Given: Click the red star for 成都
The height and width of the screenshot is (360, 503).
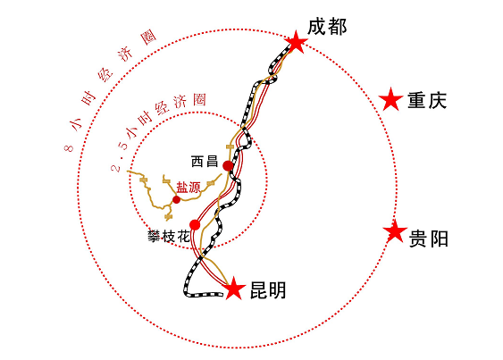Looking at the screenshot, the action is [x=296, y=42].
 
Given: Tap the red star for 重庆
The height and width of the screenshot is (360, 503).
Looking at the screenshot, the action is [x=390, y=99].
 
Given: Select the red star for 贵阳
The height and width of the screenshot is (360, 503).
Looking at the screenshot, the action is [x=395, y=231].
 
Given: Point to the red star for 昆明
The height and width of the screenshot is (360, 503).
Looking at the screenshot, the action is [x=234, y=288].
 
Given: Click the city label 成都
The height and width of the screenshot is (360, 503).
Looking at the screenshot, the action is [x=327, y=27].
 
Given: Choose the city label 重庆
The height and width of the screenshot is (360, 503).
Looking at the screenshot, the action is [x=427, y=100].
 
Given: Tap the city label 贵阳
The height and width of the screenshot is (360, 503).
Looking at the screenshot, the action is [x=429, y=239].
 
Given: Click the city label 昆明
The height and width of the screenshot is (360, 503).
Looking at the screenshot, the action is [x=268, y=290].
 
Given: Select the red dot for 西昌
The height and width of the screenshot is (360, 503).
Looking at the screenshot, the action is [x=228, y=166].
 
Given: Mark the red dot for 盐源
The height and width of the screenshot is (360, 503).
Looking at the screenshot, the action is [x=176, y=199].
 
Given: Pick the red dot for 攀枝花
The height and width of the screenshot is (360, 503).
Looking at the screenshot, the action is [x=195, y=225].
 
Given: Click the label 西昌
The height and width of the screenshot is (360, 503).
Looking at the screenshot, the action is [x=205, y=161].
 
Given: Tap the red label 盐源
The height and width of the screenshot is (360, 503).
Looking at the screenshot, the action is [x=189, y=188].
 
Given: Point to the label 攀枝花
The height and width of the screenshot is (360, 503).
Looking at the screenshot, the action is [x=168, y=237].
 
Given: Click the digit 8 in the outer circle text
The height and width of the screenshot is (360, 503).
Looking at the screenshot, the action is [x=69, y=148].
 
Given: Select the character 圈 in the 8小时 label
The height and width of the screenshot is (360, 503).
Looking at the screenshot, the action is [x=148, y=38].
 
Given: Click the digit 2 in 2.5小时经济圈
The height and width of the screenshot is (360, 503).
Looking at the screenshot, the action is [x=116, y=168].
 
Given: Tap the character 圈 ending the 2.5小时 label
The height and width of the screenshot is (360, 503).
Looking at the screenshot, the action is [x=199, y=100].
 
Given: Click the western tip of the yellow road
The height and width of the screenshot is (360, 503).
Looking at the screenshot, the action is [x=128, y=172].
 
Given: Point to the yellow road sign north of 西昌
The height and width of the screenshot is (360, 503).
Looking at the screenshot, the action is [x=229, y=147].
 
